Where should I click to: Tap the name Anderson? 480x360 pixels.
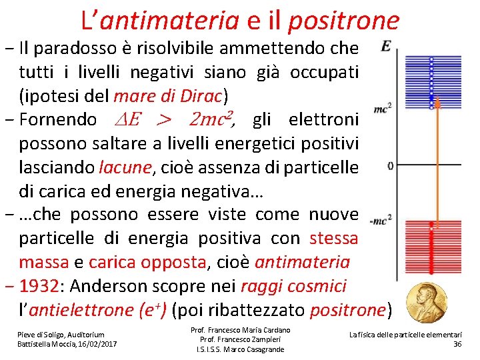tap(110, 286)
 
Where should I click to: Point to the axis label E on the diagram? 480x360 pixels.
tap(387, 47)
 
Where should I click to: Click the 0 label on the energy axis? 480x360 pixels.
tap(389, 165)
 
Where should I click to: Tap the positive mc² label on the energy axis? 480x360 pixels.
tap(382, 107)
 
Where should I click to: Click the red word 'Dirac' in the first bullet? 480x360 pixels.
tap(201, 95)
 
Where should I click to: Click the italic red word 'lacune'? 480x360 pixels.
tap(124, 167)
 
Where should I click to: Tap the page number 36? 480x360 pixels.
tap(457, 343)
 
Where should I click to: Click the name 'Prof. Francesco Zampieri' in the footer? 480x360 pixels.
tap(240, 339)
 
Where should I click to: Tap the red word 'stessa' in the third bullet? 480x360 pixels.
tap(333, 238)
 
